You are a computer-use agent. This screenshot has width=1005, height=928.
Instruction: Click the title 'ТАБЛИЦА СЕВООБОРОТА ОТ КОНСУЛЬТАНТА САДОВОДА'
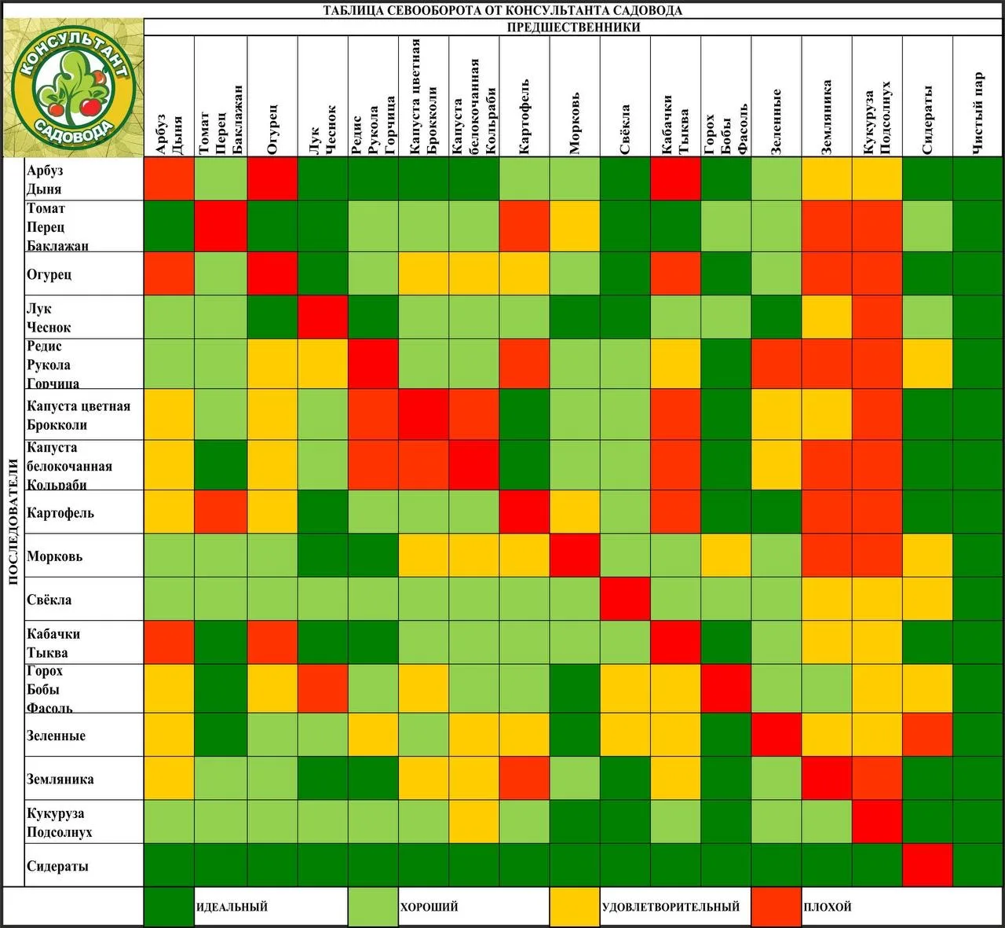tap(502, 10)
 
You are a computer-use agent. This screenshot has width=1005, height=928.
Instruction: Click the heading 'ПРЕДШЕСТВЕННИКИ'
tap(573, 28)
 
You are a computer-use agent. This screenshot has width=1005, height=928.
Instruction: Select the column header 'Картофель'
tap(524, 116)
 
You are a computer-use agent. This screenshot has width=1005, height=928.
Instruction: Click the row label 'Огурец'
tap(49, 274)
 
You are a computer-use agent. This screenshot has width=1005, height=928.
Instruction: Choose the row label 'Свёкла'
tap(49, 600)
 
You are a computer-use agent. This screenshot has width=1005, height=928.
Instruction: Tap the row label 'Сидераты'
tap(57, 866)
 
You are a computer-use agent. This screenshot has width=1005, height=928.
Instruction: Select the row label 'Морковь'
tap(54, 556)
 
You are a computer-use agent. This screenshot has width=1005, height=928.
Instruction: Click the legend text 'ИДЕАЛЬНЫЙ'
tap(232, 907)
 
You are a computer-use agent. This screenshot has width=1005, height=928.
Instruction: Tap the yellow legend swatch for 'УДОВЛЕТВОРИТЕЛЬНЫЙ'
tap(574, 907)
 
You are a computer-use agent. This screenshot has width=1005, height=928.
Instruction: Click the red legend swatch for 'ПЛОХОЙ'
tap(776, 907)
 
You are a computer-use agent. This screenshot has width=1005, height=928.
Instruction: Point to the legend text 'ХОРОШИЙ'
tap(429, 907)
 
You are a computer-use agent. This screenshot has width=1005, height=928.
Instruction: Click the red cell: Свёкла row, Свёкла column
tap(625, 599)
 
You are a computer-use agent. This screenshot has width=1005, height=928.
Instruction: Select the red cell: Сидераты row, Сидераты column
tap(927, 865)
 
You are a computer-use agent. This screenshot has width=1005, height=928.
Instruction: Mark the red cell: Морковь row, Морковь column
tap(575, 556)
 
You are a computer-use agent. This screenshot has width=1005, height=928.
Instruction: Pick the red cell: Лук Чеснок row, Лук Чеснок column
tap(323, 317)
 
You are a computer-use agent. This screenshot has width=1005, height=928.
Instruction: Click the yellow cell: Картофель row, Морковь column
tap(575, 512)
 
